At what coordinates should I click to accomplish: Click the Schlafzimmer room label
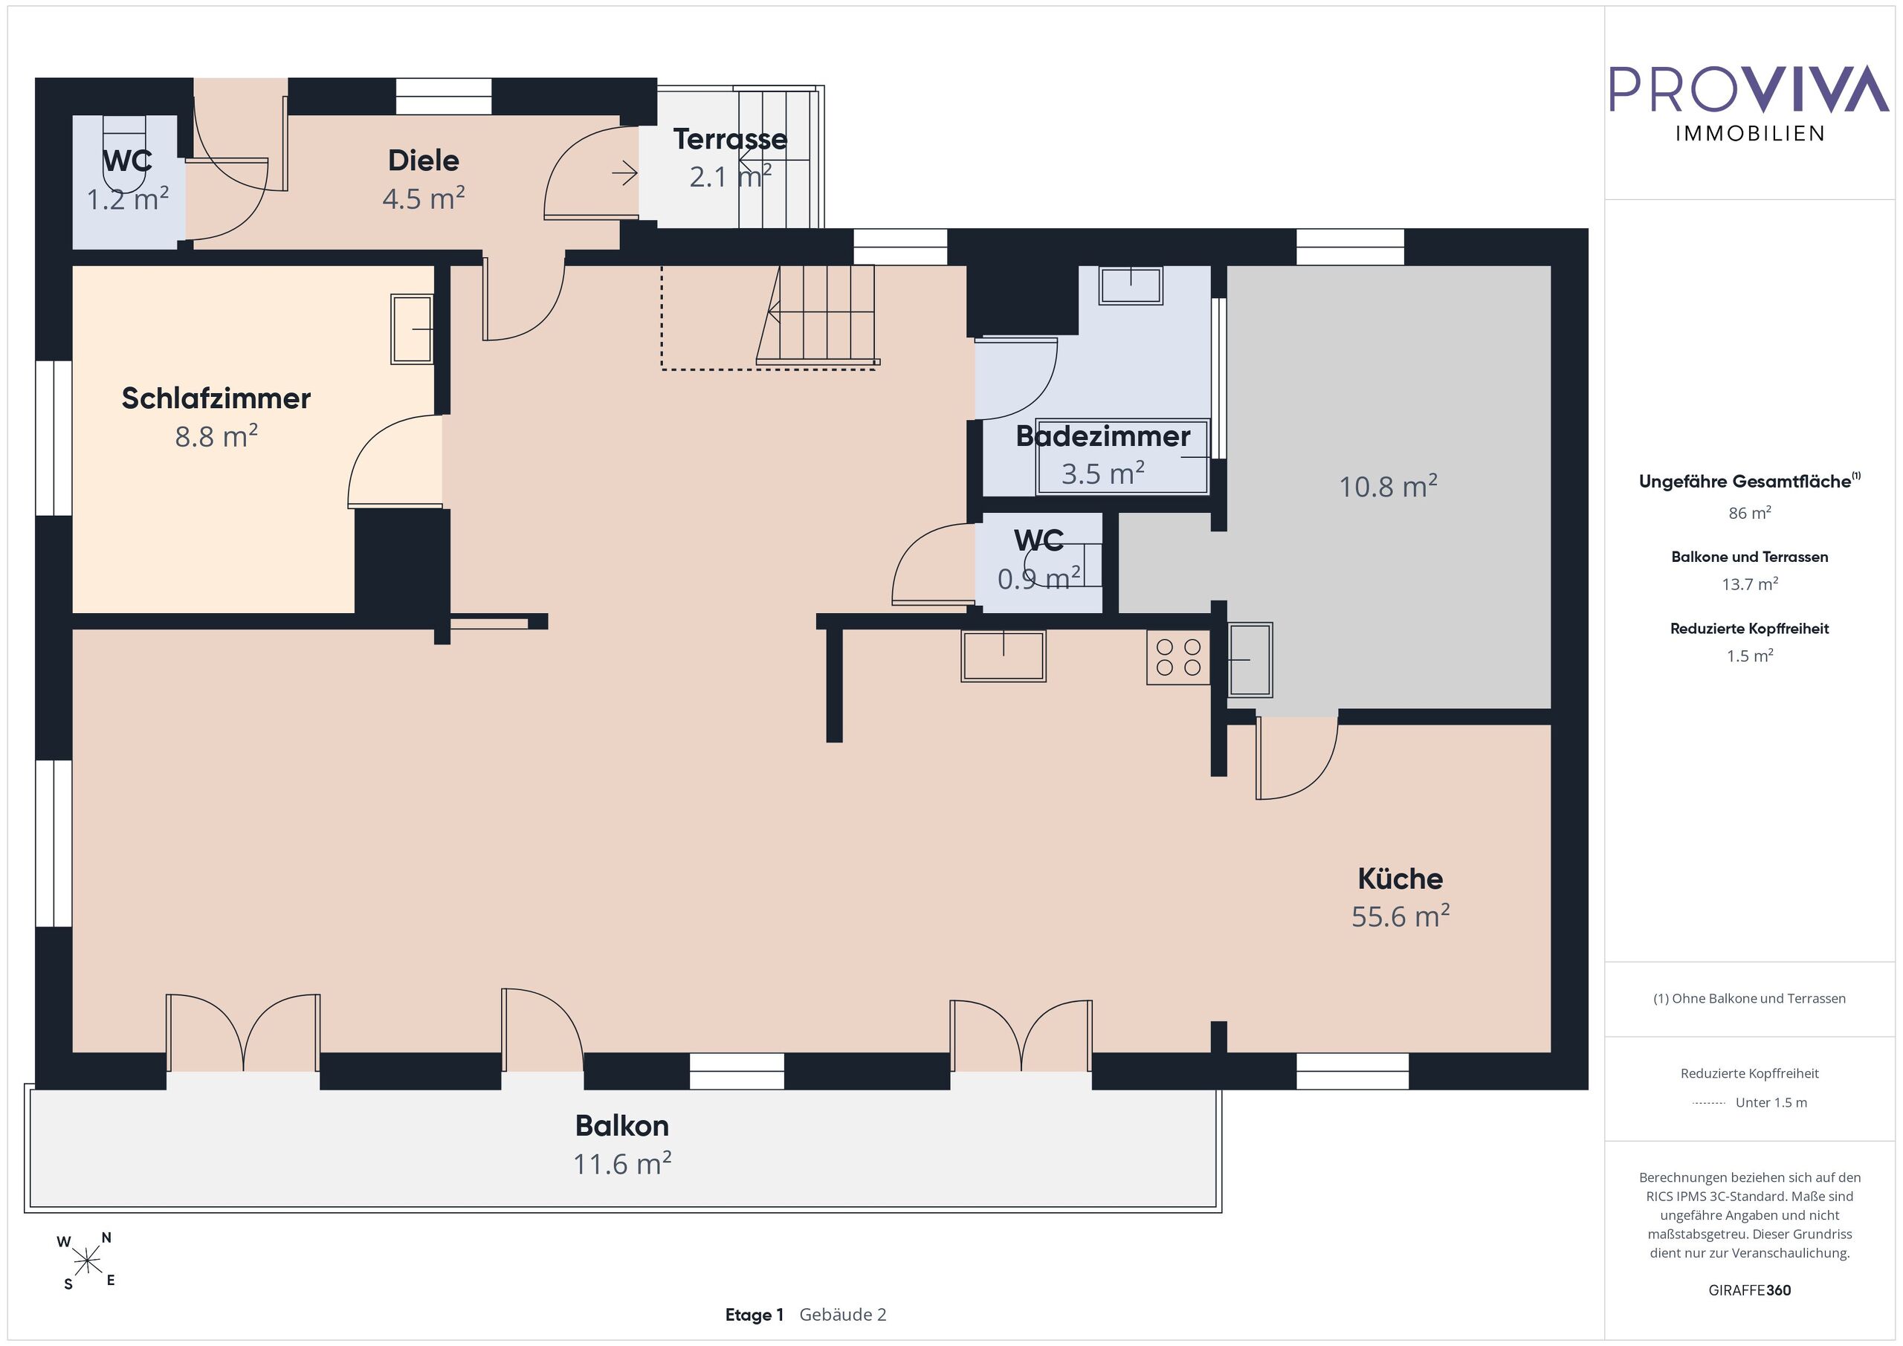pos(216,398)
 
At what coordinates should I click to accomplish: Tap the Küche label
pos(1400,878)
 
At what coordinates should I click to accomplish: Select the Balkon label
pos(621,1125)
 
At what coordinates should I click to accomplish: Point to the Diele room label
pos(424,161)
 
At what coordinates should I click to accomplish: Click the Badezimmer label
pos(1103,436)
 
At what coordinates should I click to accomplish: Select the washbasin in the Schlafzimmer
pos(413,329)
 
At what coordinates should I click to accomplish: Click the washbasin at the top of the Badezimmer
pos(1131,285)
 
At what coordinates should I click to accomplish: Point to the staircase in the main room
pos(817,315)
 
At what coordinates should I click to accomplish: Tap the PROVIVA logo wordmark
pos(1749,89)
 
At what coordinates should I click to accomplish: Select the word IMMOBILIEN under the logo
pos(1750,134)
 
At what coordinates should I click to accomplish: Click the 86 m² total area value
pos(1750,513)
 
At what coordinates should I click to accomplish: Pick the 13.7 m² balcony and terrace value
pos(1750,584)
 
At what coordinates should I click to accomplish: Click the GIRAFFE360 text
pos(1750,1290)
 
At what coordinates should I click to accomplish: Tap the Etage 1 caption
pos(755,1315)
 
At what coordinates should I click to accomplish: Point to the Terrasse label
pos(730,139)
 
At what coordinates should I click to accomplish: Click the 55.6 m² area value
pos(1400,916)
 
